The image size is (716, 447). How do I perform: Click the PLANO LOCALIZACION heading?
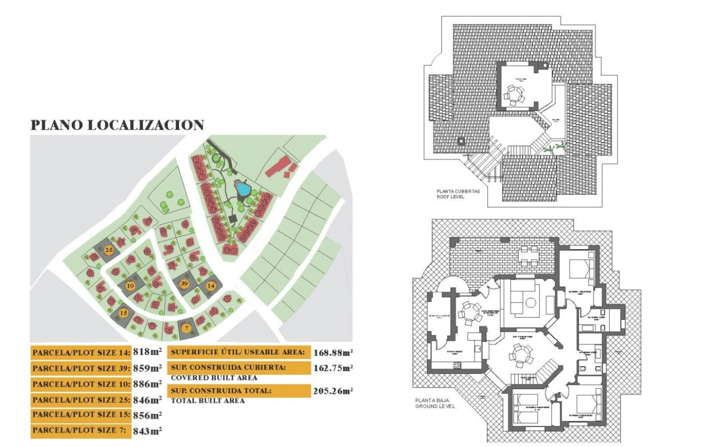tap(117, 125)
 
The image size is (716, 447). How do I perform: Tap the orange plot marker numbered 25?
tap(109, 250)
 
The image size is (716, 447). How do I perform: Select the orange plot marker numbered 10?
tap(131, 286)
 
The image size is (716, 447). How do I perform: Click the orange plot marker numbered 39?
tap(184, 283)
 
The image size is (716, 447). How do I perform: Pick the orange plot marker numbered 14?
tap(211, 286)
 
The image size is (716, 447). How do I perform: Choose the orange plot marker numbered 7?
tap(186, 328)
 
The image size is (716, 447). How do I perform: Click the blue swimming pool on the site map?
tap(243, 188)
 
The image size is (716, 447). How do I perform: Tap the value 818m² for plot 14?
tap(147, 353)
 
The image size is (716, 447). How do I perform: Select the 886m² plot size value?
tap(147, 384)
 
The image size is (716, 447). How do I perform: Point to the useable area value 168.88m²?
tap(333, 352)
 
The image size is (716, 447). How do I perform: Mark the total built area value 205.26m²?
tap(333, 391)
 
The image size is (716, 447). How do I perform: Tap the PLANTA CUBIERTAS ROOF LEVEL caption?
tap(458, 194)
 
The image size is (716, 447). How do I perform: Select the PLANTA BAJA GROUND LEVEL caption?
tap(435, 403)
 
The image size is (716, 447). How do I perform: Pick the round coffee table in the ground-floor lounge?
tap(530, 302)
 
